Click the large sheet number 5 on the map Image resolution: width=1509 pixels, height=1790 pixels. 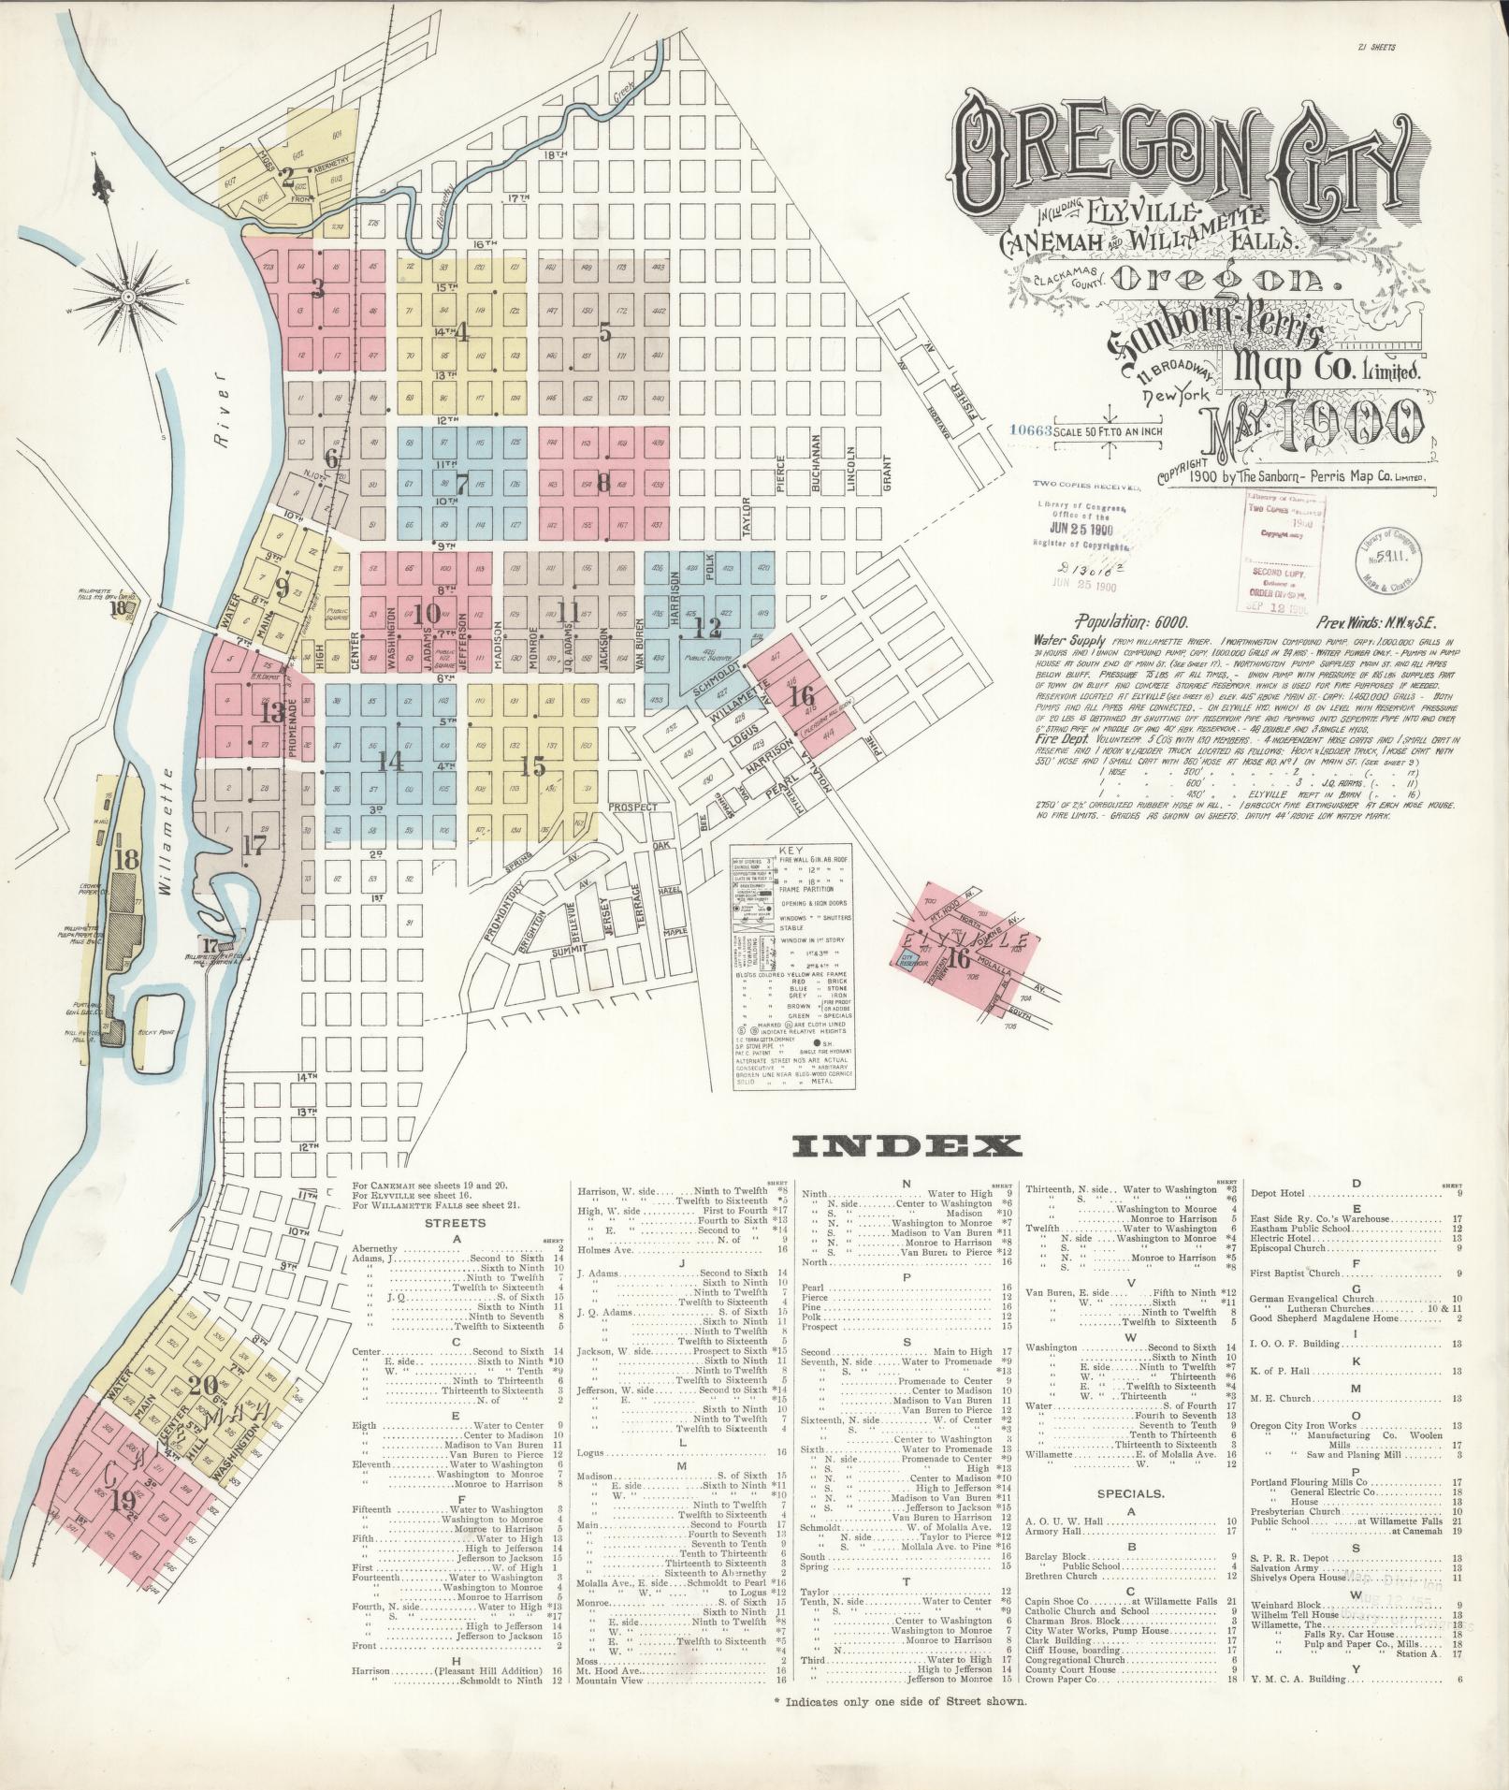604,331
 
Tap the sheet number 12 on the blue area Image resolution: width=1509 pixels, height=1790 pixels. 713,627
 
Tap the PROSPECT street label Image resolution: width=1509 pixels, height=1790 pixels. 632,807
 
